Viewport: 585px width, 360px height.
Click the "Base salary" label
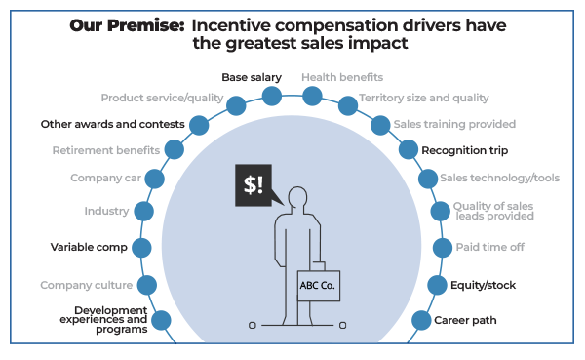252,77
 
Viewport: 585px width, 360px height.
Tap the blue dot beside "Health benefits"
312,96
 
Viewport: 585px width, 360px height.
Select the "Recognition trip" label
465,150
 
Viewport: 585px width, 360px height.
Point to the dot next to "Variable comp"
141,248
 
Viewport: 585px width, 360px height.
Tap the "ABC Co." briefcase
318,285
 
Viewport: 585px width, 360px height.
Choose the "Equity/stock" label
483,285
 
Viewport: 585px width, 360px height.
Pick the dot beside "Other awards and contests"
199,125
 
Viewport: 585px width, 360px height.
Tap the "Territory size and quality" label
424,98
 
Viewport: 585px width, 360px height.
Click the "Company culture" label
85,285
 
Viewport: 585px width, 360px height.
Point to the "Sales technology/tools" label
499,178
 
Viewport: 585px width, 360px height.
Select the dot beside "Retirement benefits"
175,150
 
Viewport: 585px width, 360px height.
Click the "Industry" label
106,211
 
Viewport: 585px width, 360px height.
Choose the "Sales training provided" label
454,124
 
